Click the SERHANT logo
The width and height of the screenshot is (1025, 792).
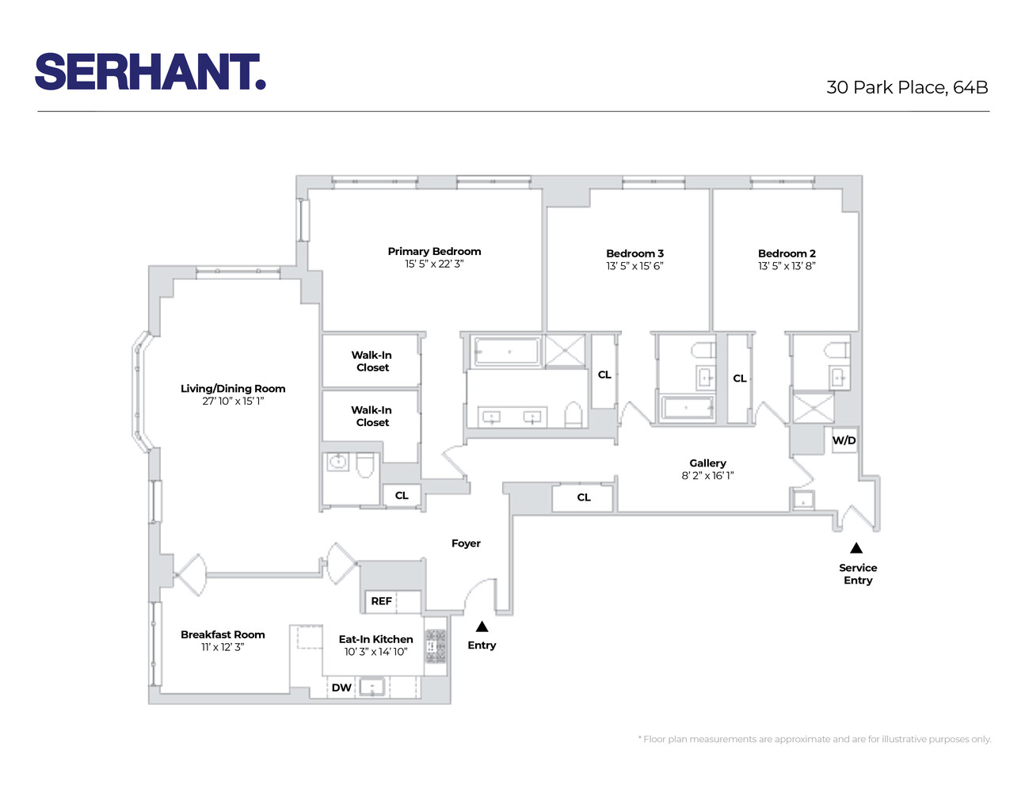[151, 72]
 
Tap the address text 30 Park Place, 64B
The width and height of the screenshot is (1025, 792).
[907, 88]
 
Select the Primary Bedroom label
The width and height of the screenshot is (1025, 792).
[434, 251]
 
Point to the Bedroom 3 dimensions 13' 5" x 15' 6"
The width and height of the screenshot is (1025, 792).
[634, 266]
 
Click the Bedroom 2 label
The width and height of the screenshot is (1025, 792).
[787, 253]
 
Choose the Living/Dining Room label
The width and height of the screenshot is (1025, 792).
[233, 388]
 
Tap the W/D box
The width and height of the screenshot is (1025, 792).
[844, 440]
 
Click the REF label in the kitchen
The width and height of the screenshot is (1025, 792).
[381, 601]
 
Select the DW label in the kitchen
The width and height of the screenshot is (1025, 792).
[341, 687]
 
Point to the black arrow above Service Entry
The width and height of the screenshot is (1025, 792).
[856, 548]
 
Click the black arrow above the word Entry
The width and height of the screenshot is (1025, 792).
[482, 626]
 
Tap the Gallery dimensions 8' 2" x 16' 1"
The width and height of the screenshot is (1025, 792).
[707, 476]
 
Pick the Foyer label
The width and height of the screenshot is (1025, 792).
[466, 543]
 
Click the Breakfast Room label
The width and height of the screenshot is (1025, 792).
[223, 634]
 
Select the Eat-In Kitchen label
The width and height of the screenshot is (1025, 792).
[375, 639]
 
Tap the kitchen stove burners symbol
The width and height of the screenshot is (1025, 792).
[436, 645]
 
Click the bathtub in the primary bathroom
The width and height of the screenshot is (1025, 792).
[507, 351]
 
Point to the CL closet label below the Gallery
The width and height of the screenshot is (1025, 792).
[584, 497]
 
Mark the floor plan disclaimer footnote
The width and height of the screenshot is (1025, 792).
[814, 739]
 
